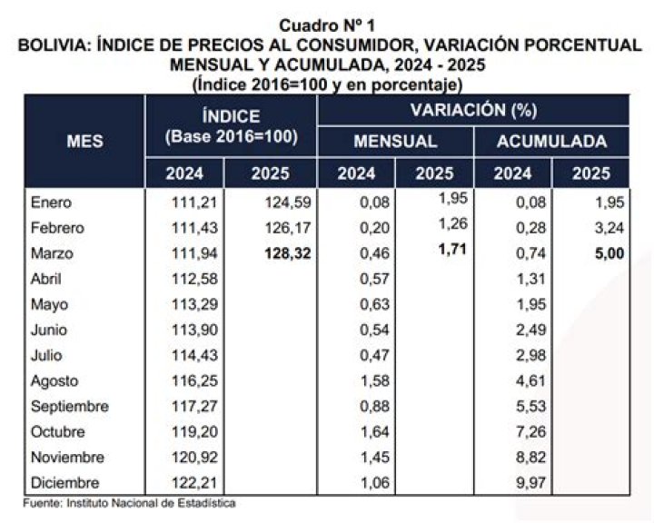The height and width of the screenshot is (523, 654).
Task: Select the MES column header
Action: [84, 141]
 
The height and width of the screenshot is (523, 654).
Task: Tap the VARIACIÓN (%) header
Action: [473, 110]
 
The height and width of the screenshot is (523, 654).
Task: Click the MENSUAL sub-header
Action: [395, 142]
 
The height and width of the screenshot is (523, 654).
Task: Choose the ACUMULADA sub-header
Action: [551, 142]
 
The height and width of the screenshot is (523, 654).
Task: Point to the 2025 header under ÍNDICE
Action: [272, 173]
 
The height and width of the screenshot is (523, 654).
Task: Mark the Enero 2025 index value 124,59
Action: [285, 203]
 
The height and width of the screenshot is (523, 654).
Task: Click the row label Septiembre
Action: [70, 407]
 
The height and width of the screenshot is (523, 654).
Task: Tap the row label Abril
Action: [49, 280]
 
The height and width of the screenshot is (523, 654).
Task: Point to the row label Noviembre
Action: [68, 458]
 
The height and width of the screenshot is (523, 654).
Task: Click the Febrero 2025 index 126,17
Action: [285, 229]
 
